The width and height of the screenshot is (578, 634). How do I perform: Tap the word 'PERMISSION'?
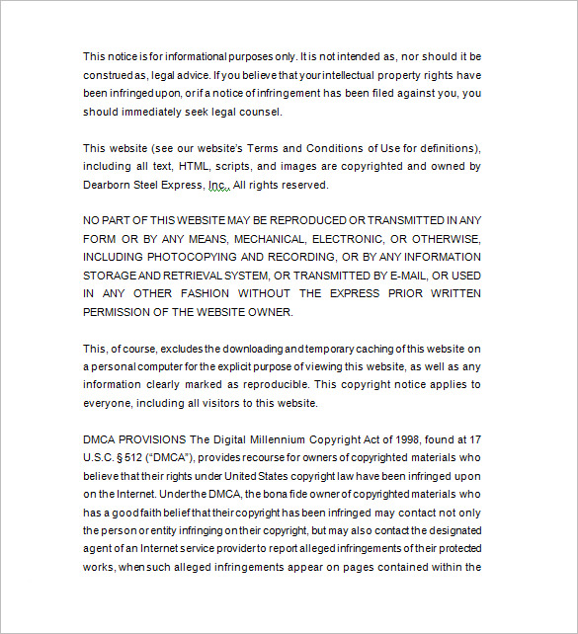tap(117, 312)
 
